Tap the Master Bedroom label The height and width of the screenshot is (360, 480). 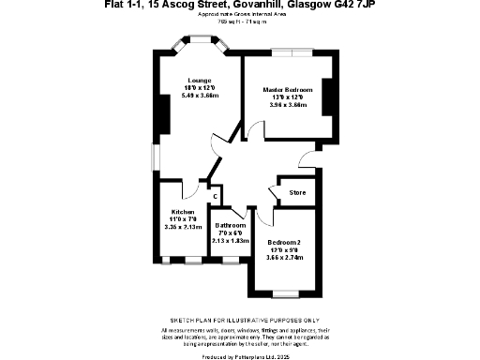[288, 89]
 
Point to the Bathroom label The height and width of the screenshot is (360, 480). [231, 226]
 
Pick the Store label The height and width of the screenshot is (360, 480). [298, 193]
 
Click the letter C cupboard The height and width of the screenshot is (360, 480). [215, 197]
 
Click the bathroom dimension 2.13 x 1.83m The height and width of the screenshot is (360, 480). [231, 240]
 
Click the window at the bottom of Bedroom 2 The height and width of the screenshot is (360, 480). [282, 293]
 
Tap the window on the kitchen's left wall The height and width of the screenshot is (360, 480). [157, 156]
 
